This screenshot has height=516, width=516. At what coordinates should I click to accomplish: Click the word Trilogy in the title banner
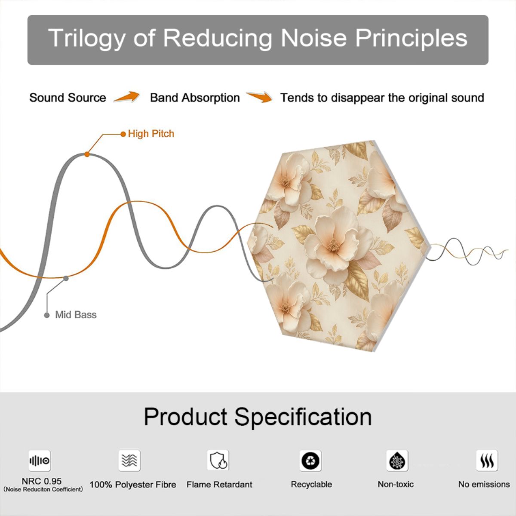[86, 38]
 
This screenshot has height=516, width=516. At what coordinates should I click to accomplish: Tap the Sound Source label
[68, 98]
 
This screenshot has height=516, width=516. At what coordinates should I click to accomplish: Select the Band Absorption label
[195, 98]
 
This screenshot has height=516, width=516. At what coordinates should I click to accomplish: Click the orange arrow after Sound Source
[127, 97]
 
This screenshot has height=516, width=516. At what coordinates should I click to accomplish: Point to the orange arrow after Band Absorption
[259, 97]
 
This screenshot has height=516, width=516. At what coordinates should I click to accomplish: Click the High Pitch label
[151, 134]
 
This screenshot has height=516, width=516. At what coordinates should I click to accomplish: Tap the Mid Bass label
[76, 315]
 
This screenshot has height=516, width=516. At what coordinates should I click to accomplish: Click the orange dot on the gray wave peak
[87, 154]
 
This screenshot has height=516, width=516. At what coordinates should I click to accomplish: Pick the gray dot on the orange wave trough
[66, 279]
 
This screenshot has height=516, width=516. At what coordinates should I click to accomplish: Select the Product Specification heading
[258, 417]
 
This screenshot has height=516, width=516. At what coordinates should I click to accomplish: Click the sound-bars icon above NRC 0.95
[40, 461]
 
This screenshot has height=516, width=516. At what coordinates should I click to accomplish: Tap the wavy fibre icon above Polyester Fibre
[129, 460]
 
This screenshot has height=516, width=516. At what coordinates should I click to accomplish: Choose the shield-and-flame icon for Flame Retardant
[218, 460]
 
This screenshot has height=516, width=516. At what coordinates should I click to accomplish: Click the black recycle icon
[310, 461]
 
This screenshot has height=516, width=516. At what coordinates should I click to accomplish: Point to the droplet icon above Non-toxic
[397, 461]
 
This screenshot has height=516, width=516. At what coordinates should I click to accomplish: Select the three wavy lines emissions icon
[487, 461]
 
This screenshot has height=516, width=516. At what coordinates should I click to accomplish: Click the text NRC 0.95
[42, 481]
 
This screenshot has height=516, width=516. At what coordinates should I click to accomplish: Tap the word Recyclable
[311, 485]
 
